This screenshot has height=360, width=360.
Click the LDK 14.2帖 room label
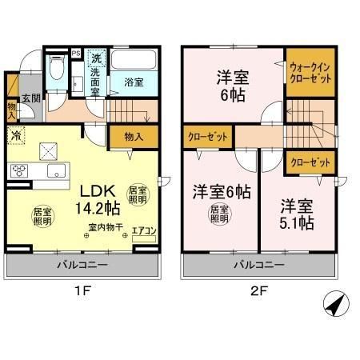pyautogui.click(x=99, y=198)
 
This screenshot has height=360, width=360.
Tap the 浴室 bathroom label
pyautogui.click(x=134, y=82)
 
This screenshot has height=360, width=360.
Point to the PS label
pyautogui.click(x=77, y=54)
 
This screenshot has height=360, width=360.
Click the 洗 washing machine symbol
pyautogui.click(x=95, y=58)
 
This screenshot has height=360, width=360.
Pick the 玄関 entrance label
pyautogui.click(x=30, y=98)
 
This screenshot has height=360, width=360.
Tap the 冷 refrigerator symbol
pyautogui.click(x=16, y=137)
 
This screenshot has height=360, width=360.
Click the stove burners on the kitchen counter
pyautogui.click(x=19, y=170)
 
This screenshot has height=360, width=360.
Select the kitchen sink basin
pyautogui.click(x=57, y=171)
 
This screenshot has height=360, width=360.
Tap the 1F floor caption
pyautogui.click(x=83, y=293)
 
